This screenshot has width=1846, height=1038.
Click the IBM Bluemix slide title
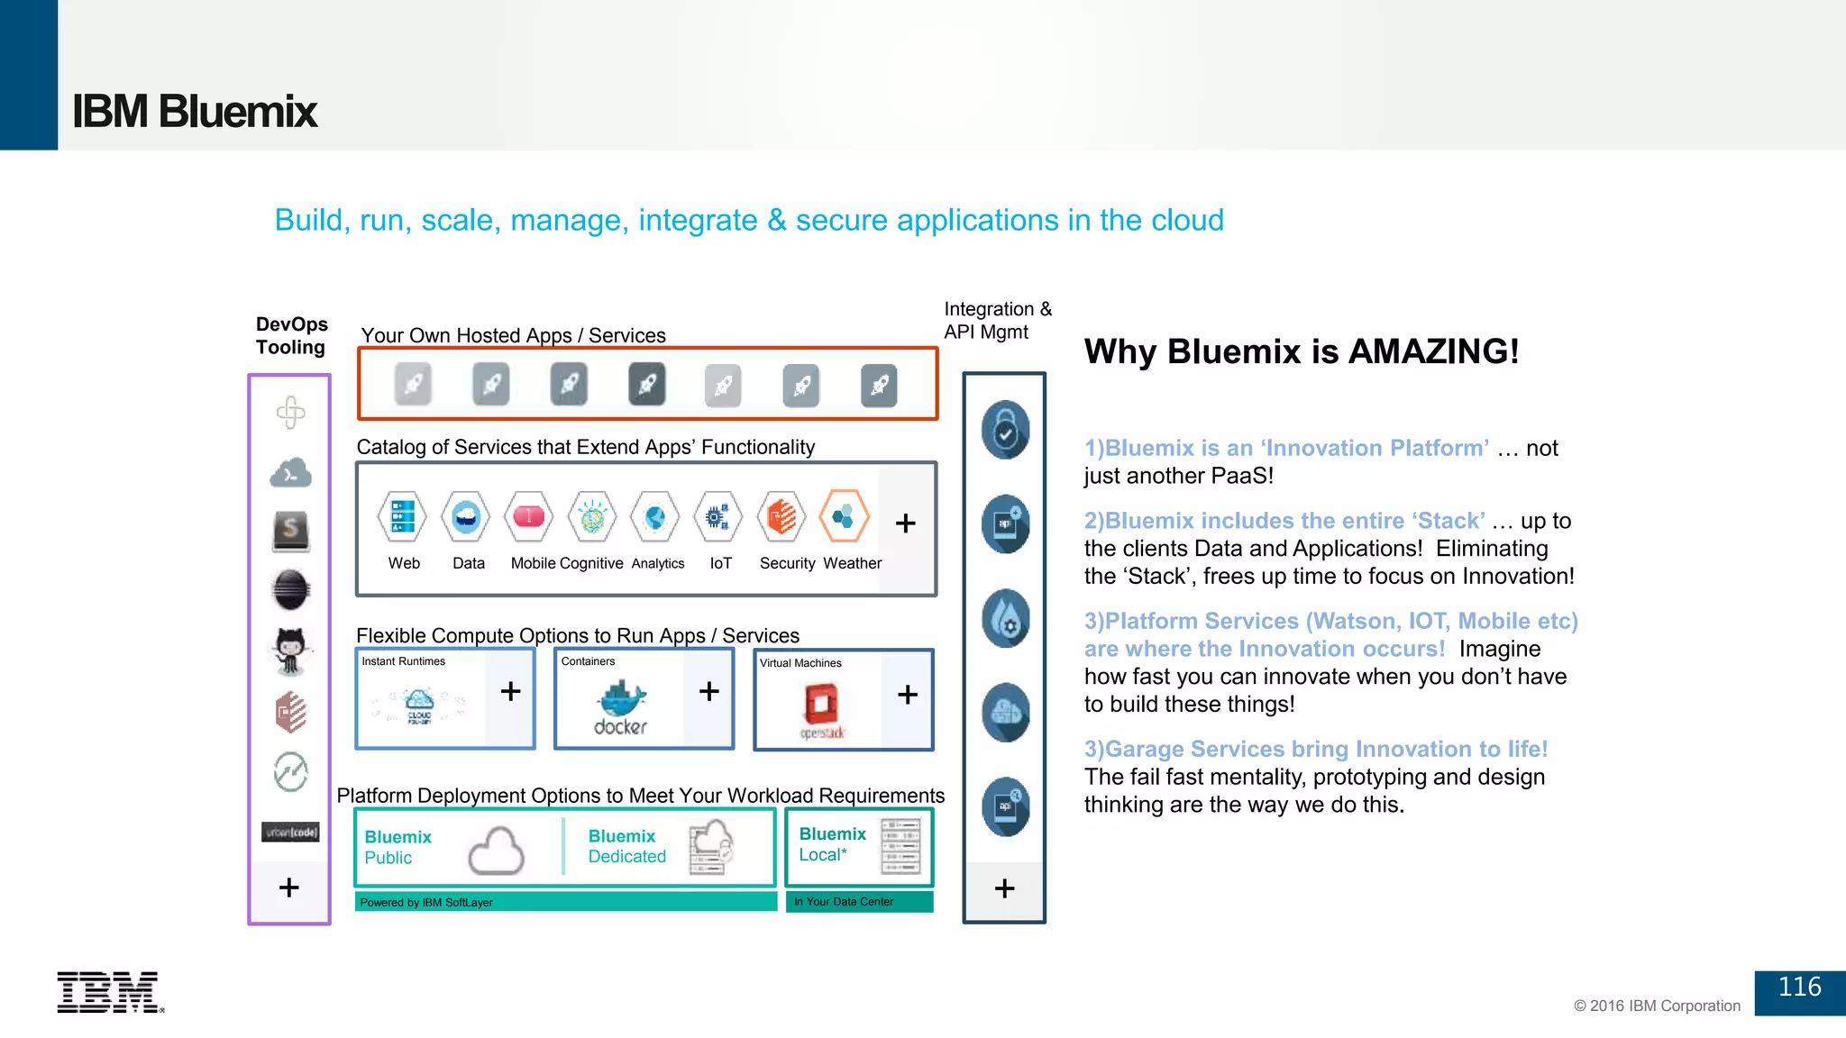tap(194, 112)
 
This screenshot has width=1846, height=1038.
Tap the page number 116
tap(1799, 988)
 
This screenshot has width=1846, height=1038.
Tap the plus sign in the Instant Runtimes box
tap(510, 691)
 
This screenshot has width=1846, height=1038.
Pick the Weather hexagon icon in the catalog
tap(845, 516)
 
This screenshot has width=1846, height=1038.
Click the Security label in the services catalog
tap(787, 563)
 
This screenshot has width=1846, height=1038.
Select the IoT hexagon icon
tap(718, 517)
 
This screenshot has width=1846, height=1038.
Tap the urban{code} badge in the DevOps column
tap(290, 832)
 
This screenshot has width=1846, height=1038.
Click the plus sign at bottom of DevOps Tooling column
tap(289, 888)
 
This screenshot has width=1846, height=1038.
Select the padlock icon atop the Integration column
tap(1005, 431)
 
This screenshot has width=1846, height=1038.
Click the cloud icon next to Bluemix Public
tap(496, 851)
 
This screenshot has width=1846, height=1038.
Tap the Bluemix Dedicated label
tap(626, 846)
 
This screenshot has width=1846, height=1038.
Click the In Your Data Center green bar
tap(858, 902)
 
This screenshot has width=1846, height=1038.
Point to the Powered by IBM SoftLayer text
tap(426, 903)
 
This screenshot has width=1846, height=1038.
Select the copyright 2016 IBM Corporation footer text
tap(1657, 1006)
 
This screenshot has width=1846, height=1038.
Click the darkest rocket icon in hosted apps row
tap(646, 385)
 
